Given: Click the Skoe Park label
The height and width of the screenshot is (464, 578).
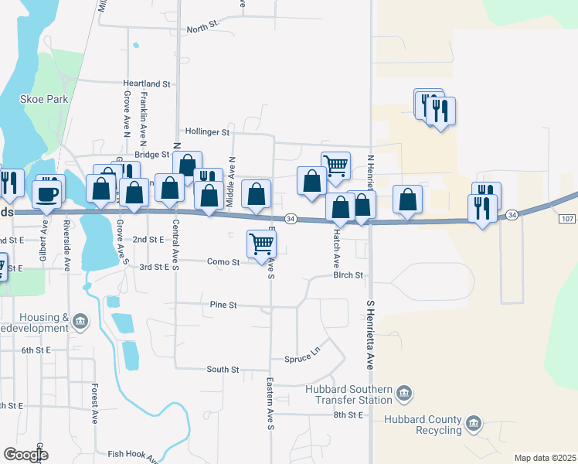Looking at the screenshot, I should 44,99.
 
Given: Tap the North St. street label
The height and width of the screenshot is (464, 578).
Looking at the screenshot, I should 203,29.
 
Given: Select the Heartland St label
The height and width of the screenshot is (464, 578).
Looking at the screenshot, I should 146,84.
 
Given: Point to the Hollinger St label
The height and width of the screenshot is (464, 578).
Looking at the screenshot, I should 207,132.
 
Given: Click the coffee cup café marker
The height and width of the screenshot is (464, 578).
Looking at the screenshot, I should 48,193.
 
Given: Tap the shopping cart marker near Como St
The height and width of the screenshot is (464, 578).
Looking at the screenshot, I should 262,244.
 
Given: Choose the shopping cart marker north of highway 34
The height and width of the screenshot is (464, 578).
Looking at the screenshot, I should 335,165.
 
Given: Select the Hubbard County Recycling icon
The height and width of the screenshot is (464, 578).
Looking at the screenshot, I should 473,423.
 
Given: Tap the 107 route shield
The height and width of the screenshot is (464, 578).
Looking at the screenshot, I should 566,219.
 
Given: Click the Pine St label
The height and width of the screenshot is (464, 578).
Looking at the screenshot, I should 223,305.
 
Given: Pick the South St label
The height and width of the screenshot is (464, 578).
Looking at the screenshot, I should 223,370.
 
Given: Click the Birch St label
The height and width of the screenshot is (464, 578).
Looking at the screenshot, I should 348,275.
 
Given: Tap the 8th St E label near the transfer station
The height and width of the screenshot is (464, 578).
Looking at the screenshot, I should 348,415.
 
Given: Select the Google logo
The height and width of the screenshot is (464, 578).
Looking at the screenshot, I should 25,455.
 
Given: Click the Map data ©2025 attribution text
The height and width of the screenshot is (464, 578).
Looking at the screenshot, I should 545,458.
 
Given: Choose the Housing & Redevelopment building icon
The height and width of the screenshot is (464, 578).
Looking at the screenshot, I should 81,320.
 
